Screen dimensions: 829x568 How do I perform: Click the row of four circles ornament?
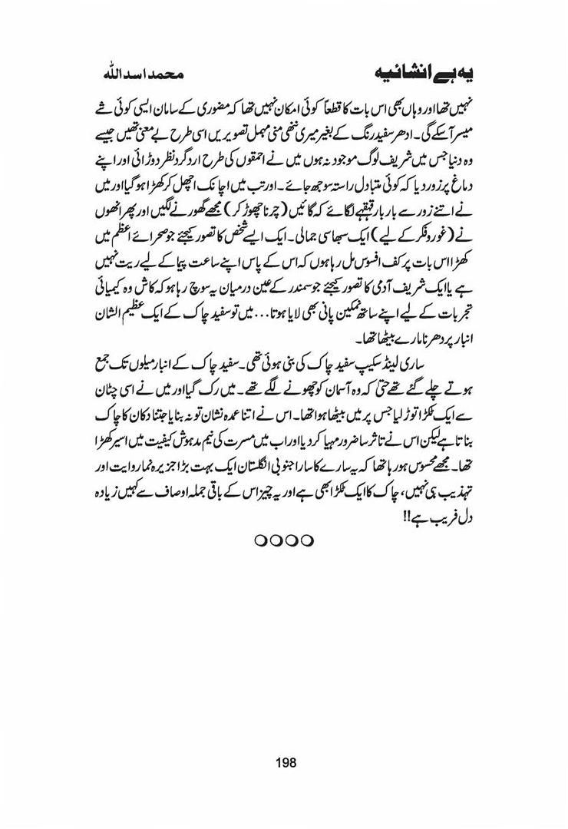(x=284, y=540)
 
